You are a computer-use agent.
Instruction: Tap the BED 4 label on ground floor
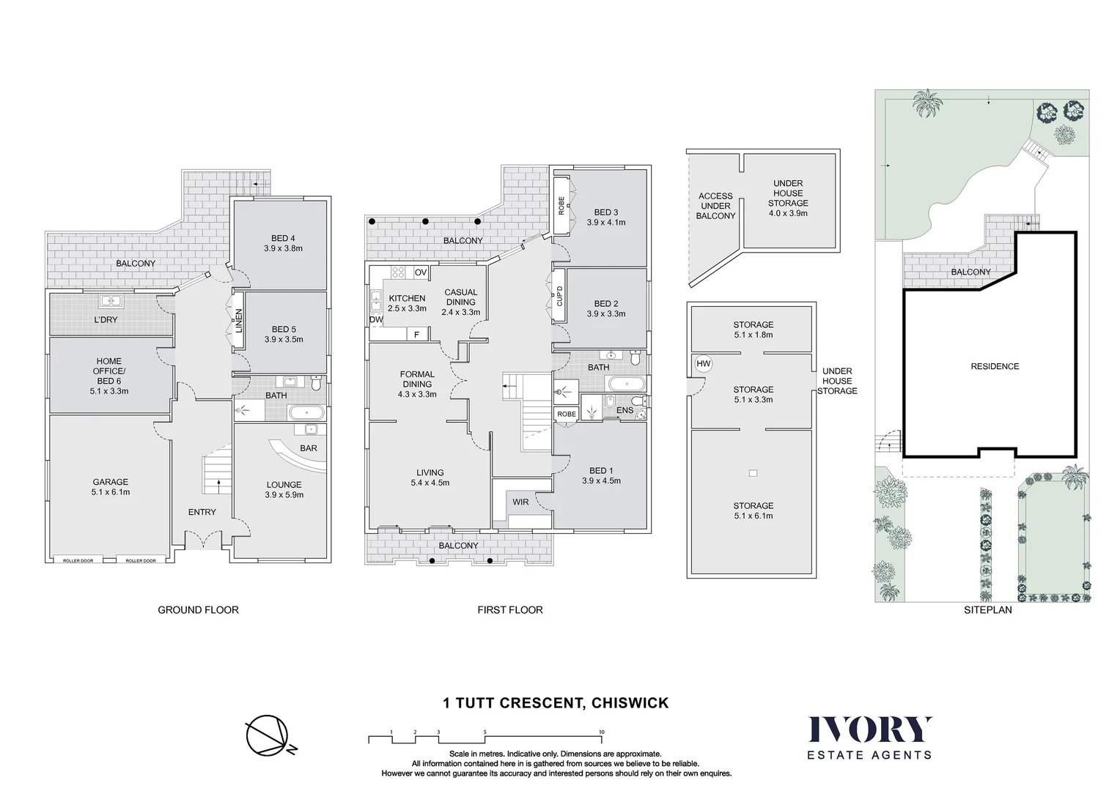(283, 238)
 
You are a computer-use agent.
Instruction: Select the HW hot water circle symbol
(704, 364)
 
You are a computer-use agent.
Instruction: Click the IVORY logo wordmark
(870, 729)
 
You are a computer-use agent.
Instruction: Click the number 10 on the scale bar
(601, 732)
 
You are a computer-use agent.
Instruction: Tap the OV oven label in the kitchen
(421, 272)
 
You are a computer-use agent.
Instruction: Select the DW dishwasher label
(376, 320)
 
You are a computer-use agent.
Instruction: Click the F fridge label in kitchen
(417, 335)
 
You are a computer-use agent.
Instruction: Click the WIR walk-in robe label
(520, 502)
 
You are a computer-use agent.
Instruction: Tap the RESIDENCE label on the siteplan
(995, 366)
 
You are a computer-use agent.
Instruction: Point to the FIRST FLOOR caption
(510, 609)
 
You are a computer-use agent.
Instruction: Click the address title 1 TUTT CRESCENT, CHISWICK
(556, 703)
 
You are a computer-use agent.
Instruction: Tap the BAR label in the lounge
(309, 448)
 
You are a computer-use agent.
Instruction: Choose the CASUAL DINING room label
(461, 297)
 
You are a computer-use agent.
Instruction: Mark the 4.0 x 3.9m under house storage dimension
(788, 213)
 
